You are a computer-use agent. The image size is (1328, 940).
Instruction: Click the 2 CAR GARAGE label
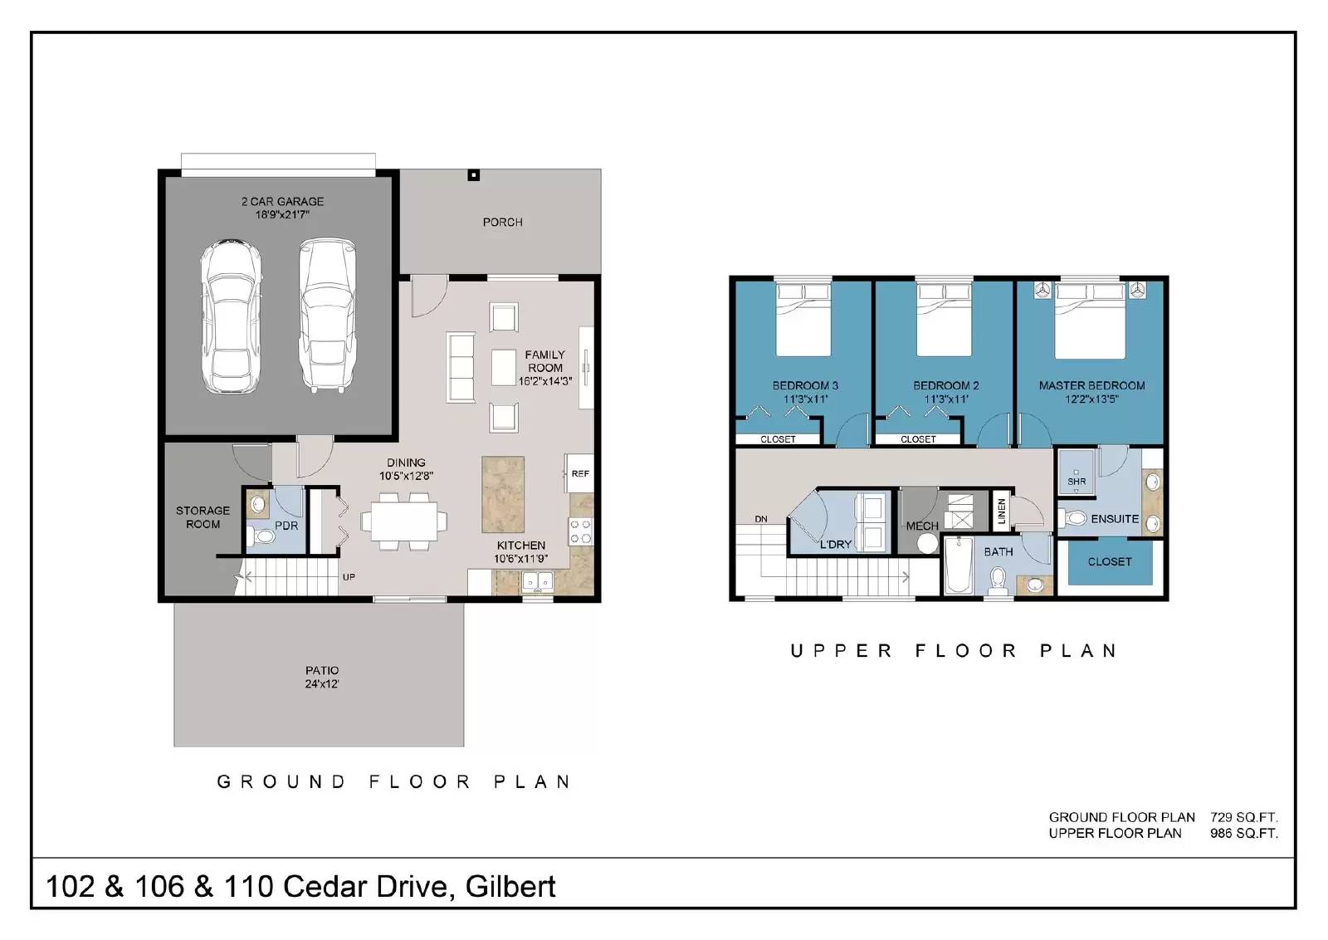(282, 208)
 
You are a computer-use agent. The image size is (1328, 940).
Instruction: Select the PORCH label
(502, 223)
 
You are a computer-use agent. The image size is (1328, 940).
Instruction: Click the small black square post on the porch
(473, 175)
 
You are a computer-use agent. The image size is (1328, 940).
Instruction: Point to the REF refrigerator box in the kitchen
(579, 473)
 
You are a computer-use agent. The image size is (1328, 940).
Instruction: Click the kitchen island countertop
(503, 494)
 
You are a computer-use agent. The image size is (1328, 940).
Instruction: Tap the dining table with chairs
(404, 521)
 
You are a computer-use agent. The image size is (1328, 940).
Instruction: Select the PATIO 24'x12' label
(321, 677)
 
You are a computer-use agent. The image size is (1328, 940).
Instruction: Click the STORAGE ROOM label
(203, 517)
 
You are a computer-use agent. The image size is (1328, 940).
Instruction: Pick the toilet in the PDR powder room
(264, 537)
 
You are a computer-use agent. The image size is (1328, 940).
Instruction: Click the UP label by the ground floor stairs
(349, 577)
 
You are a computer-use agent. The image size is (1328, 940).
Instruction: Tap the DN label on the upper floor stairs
(760, 519)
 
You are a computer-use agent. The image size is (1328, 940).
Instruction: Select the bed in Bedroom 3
(803, 319)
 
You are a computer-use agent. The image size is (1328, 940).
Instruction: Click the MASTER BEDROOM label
(1091, 385)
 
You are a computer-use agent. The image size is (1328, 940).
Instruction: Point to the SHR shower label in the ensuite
(1077, 482)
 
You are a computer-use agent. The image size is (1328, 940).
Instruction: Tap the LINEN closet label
(1001, 511)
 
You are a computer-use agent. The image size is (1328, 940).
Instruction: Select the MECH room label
(921, 526)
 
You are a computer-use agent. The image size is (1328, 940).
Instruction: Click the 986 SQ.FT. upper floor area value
(1243, 833)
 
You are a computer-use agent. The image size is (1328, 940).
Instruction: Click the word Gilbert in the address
(510, 887)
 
